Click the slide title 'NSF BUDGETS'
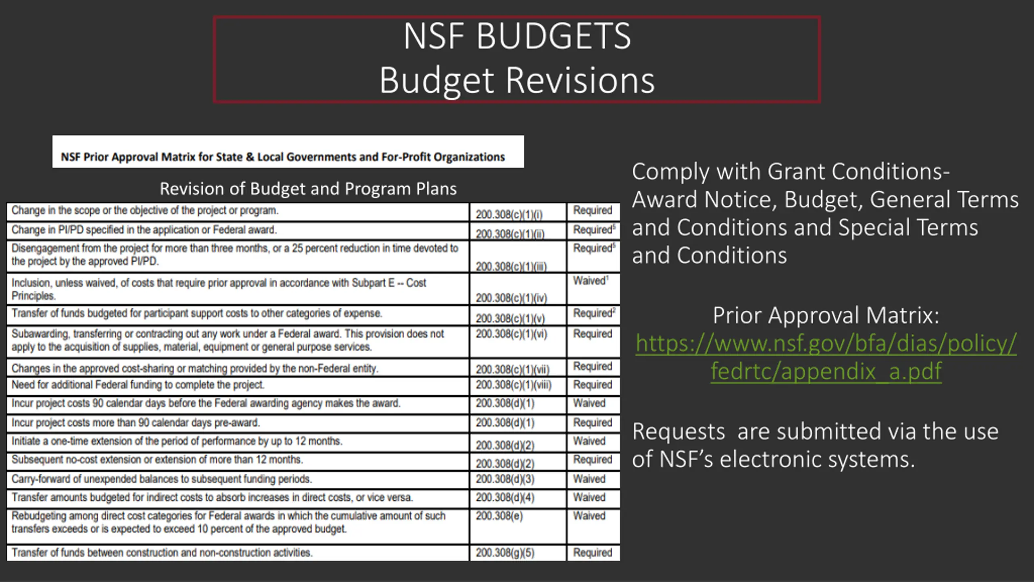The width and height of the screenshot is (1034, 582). [517, 36]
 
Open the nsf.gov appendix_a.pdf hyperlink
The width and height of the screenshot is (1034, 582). [826, 357]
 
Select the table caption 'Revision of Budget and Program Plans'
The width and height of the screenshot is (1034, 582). [308, 189]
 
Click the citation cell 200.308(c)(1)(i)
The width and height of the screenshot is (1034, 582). [509, 214]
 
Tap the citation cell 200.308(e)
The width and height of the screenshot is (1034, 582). [499, 516]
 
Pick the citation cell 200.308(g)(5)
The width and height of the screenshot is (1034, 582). [505, 552]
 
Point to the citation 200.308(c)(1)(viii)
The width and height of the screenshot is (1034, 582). [513, 385]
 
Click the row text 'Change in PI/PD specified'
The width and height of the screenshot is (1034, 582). [144, 230]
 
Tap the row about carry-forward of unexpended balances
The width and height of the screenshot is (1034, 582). [162, 479]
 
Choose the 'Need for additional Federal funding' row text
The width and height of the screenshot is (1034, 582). [138, 385]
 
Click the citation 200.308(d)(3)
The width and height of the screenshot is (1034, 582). [505, 479]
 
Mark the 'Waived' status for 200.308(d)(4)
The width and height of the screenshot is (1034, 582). [589, 498]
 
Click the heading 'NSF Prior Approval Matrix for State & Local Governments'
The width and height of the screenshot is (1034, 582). [283, 157]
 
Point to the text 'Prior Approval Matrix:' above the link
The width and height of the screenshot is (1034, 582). [826, 315]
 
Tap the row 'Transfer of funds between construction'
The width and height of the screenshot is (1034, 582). [162, 552]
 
